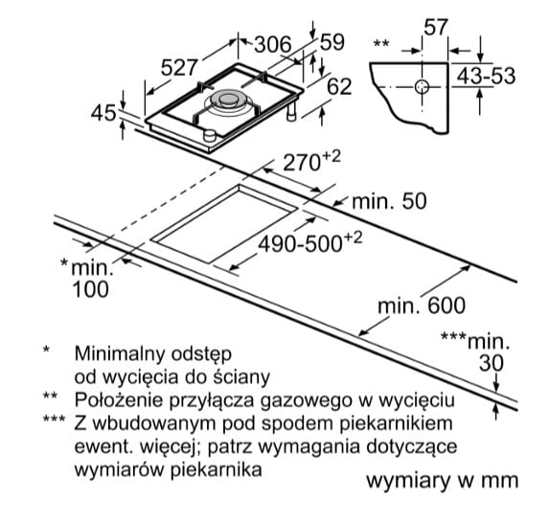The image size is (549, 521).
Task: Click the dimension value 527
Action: [179, 67]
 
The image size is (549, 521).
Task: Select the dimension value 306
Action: [273, 44]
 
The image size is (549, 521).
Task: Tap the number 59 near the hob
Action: [332, 42]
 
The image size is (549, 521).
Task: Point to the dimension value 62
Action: [339, 86]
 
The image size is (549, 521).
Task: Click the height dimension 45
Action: [103, 113]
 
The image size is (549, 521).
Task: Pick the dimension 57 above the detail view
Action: [436, 27]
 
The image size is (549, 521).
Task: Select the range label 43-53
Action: [486, 76]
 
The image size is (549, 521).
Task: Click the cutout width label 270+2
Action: [311, 161]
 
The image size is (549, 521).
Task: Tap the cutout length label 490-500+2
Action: [309, 241]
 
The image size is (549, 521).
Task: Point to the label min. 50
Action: [389, 201]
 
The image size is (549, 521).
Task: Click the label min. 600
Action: [422, 306]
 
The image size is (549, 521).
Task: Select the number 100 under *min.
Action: [90, 290]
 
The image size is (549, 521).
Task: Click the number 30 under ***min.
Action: [492, 363]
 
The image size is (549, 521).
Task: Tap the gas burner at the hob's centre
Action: [229, 101]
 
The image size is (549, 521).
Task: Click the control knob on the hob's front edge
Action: [210, 135]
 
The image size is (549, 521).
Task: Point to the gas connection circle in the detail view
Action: [422, 86]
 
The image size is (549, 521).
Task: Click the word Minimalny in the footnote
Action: [119, 354]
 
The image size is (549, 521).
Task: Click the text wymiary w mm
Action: [443, 481]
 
